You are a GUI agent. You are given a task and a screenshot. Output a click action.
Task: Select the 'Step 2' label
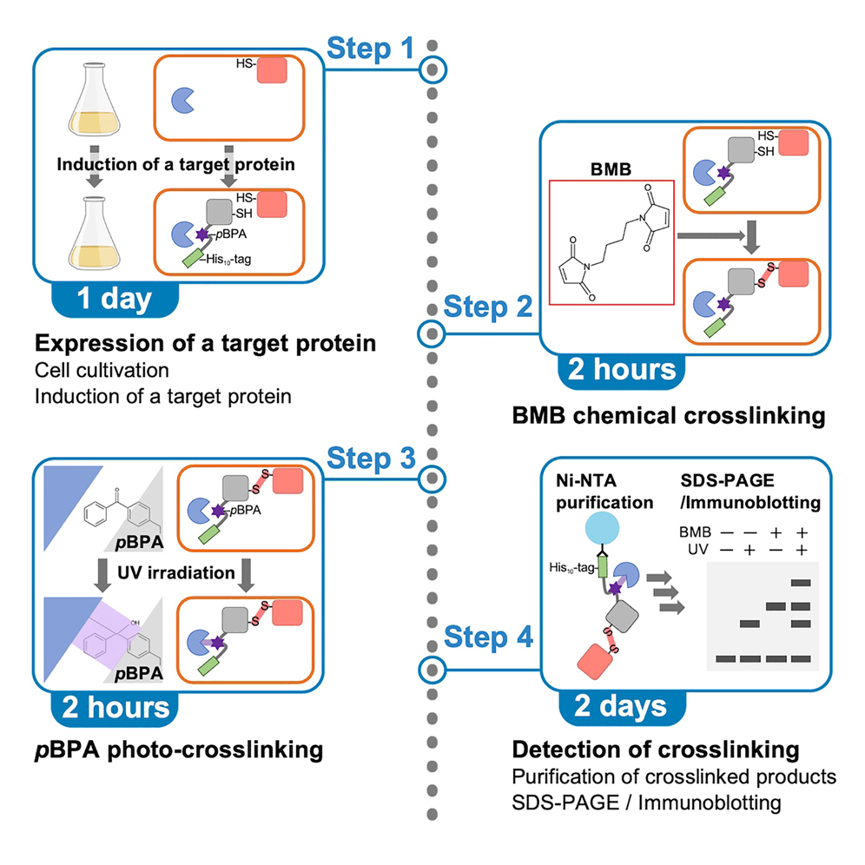487,307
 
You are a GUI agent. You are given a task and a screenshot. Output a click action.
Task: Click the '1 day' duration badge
115,298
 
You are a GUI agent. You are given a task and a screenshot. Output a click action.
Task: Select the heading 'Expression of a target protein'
206,343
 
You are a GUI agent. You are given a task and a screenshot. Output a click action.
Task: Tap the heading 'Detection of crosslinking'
655,749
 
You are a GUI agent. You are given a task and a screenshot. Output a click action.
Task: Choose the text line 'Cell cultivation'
103,371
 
